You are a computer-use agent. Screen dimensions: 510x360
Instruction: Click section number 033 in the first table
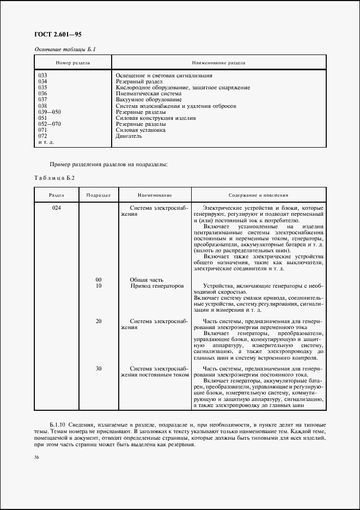click(x=43, y=75)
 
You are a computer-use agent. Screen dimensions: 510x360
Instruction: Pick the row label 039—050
click(x=49, y=112)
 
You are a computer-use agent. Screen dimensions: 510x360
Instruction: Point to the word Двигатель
click(x=129, y=136)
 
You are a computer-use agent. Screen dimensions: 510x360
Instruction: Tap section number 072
click(x=43, y=136)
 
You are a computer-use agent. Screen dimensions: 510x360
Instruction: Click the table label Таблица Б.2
click(x=54, y=178)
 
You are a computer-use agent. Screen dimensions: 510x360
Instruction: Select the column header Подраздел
click(x=99, y=195)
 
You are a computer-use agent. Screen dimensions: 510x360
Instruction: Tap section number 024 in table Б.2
click(x=56, y=208)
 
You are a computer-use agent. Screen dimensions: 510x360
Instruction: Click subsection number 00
click(x=99, y=280)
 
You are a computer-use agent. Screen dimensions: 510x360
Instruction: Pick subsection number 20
click(x=99, y=321)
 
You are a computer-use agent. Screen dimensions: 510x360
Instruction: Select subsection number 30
click(x=99, y=368)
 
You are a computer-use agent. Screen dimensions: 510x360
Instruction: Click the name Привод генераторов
click(x=157, y=286)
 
